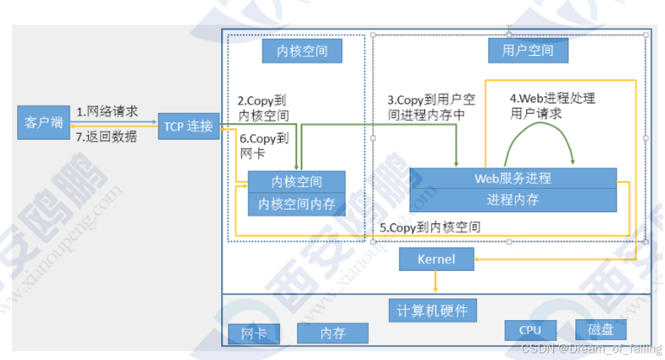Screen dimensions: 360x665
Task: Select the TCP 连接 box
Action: pyautogui.click(x=188, y=126)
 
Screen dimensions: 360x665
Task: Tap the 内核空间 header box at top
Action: pyautogui.click(x=301, y=51)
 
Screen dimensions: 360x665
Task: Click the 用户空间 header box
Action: pyautogui.click(x=527, y=51)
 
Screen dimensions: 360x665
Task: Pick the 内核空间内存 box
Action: pyautogui.click(x=297, y=203)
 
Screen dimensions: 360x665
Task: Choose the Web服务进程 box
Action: pyautogui.click(x=513, y=179)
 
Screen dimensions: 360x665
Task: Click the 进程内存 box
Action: pyautogui.click(x=513, y=200)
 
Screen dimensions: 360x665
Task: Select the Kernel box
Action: pyautogui.click(x=436, y=259)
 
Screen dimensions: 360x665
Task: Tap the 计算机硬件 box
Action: pyautogui.click(x=433, y=309)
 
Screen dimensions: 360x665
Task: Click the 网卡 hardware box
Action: pyautogui.click(x=253, y=334)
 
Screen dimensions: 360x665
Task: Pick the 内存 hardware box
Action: pyautogui.click(x=333, y=334)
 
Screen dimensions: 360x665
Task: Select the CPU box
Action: pyautogui.click(x=530, y=330)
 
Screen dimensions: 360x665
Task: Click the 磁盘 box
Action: pyautogui.click(x=601, y=330)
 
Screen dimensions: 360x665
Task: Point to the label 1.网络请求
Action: pyautogui.click(x=107, y=112)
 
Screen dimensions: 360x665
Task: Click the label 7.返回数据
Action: pyautogui.click(x=107, y=137)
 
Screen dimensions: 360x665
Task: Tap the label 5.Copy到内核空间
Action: pyautogui.click(x=429, y=226)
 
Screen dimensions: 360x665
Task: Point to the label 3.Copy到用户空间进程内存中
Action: pyautogui.click(x=431, y=107)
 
